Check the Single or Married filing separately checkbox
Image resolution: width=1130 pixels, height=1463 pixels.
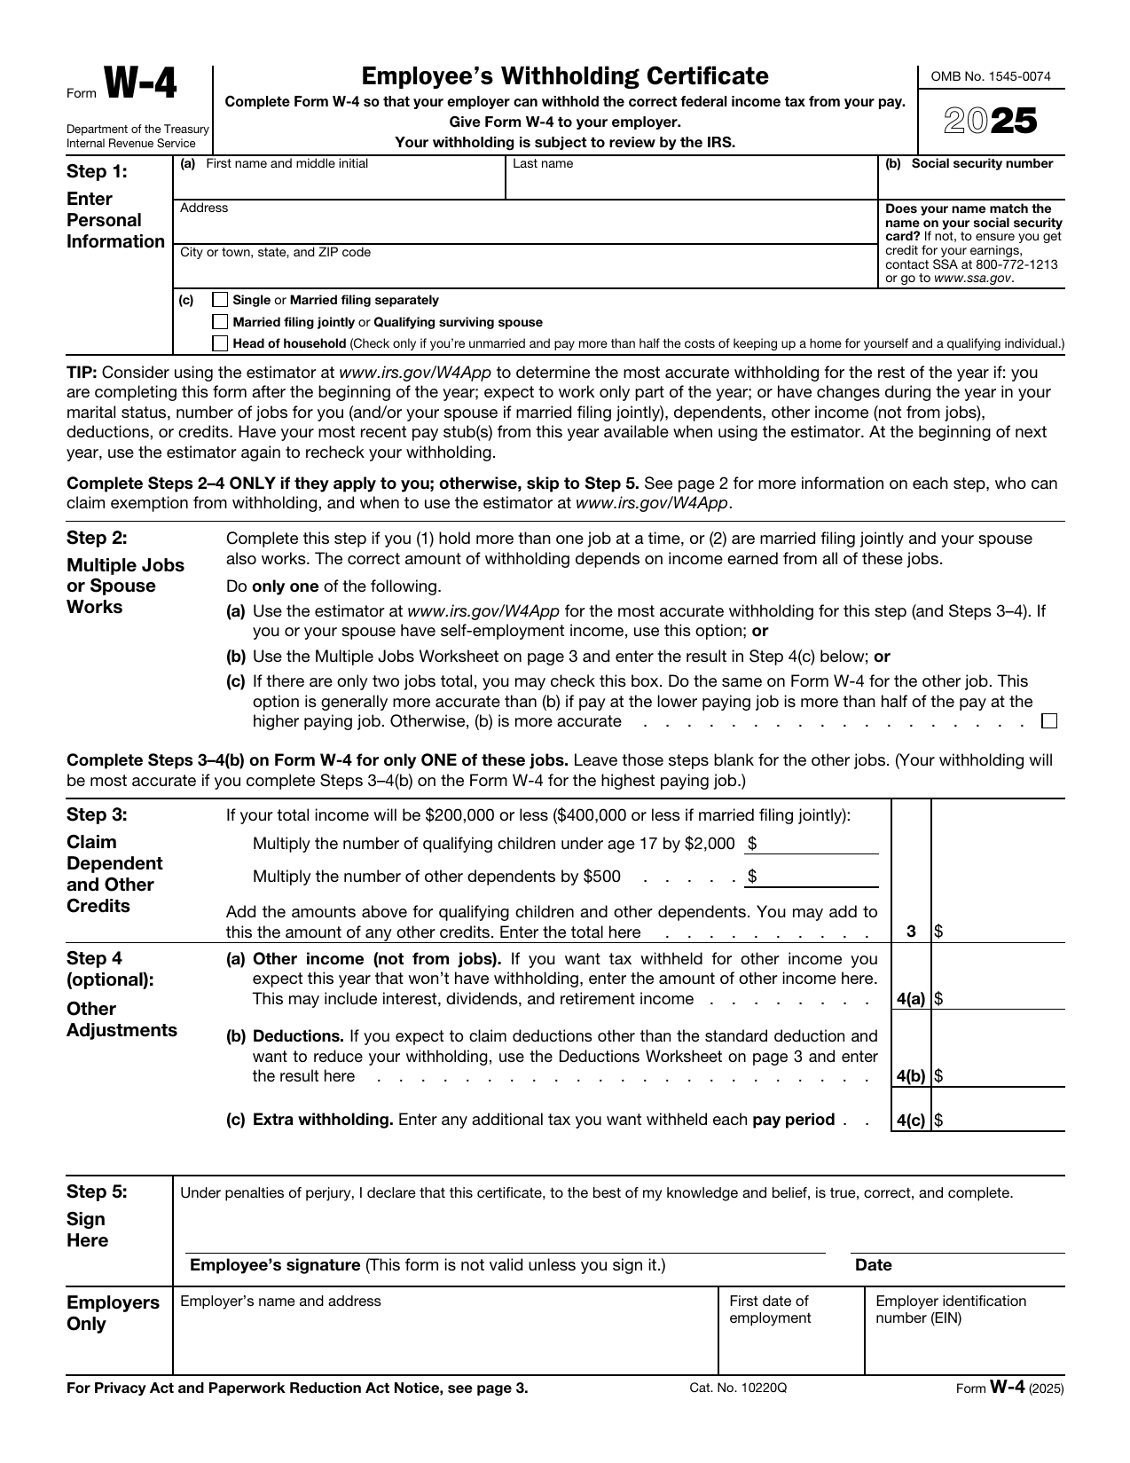pyautogui.click(x=221, y=300)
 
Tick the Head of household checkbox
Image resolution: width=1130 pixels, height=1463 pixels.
pyautogui.click(x=221, y=343)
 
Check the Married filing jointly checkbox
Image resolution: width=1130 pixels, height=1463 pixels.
pyautogui.click(x=221, y=322)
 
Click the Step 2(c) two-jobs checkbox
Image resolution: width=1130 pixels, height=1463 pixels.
pyautogui.click(x=1049, y=721)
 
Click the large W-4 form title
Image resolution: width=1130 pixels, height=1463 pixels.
pyautogui.click(x=141, y=86)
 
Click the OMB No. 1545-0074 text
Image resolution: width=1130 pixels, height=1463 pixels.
pyautogui.click(x=990, y=77)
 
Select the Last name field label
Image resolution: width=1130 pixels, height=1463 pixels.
pyautogui.click(x=543, y=164)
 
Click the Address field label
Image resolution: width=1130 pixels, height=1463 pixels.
pyautogui.click(x=204, y=208)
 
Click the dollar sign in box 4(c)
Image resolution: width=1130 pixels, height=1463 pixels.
pyautogui.click(x=938, y=1120)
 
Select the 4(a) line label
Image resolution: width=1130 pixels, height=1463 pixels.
pyautogui.click(x=911, y=999)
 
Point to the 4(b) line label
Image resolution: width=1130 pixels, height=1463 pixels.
pyautogui.click(x=911, y=1076)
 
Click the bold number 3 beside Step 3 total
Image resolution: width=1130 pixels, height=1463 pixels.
pyautogui.click(x=911, y=932)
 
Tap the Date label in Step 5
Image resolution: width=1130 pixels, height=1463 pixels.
pyautogui.click(x=873, y=1265)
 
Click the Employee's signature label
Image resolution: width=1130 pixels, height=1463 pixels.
pyautogui.click(x=275, y=1265)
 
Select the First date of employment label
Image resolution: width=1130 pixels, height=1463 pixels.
pyautogui.click(x=770, y=1310)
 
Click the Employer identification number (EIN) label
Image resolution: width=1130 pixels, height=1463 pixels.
pyautogui.click(x=950, y=1310)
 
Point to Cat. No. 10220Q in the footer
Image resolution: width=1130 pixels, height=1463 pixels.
pyautogui.click(x=737, y=1388)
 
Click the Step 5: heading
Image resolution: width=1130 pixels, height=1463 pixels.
pyautogui.click(x=97, y=1192)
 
